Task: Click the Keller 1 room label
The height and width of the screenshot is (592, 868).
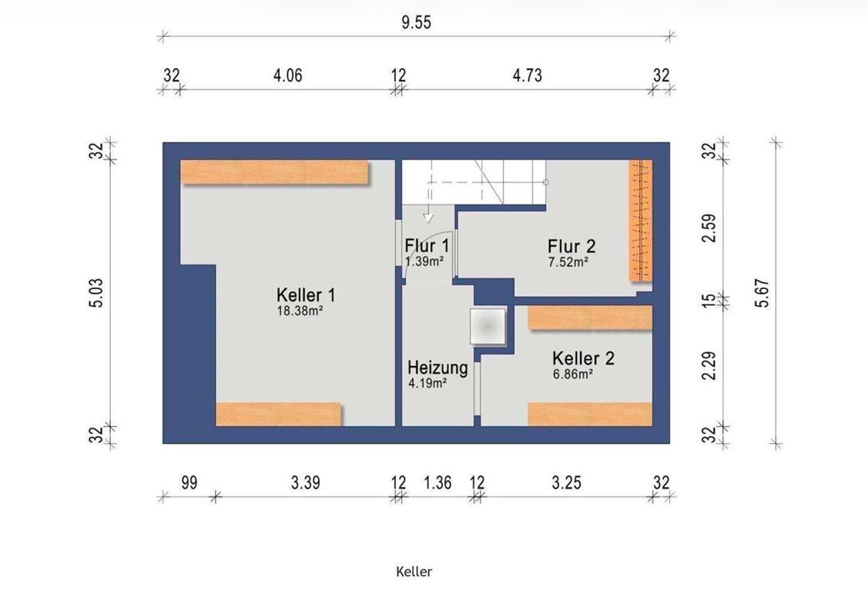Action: point(305,295)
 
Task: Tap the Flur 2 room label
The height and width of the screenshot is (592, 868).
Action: point(571,246)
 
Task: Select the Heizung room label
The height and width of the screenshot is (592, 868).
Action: point(437,368)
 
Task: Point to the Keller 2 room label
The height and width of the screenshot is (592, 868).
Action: point(583,358)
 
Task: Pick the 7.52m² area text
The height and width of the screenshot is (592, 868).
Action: point(568,262)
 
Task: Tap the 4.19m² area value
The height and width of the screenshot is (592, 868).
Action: point(429,382)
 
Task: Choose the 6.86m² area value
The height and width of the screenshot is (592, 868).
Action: point(571,374)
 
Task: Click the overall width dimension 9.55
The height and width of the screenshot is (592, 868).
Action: point(416,22)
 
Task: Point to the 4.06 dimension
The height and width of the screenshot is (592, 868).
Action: point(287,76)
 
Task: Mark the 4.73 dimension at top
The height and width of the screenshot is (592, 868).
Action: point(528,76)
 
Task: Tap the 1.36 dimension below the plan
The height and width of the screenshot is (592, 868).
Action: point(437,483)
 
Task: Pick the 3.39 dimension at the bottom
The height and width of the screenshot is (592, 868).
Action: point(306,483)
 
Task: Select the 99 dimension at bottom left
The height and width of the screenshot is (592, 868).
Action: point(189,483)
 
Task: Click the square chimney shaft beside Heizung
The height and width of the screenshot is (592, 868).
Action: point(488,325)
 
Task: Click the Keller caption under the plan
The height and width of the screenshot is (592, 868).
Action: point(414,571)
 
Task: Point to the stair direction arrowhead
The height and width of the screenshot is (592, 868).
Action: point(429,218)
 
